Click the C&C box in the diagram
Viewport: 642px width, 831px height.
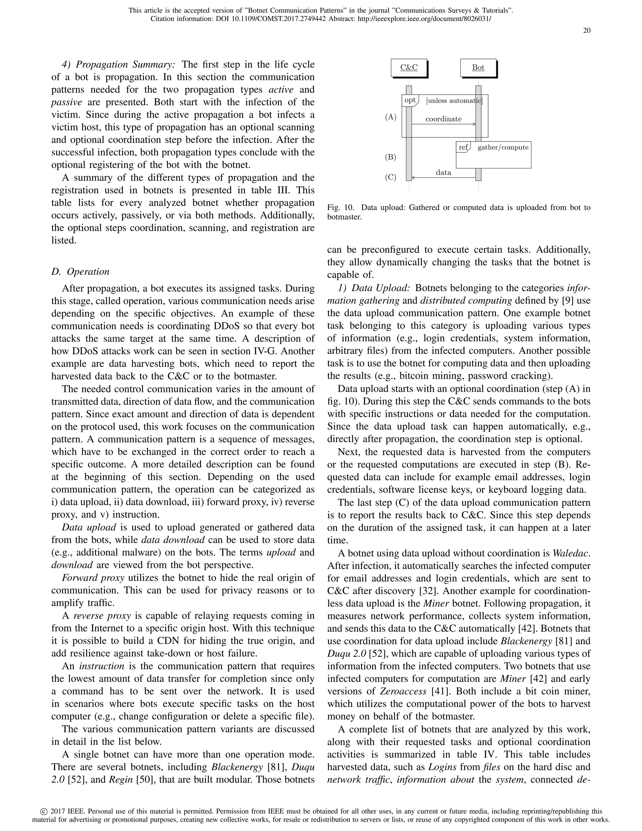(408, 68)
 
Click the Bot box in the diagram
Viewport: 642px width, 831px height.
(478, 68)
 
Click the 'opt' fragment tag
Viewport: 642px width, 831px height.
(410, 100)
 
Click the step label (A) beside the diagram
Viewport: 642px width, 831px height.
(391, 117)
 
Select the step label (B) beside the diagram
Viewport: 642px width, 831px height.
(391, 157)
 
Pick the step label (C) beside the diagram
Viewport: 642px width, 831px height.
(391, 177)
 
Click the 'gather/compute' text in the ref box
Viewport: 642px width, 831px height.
(503, 147)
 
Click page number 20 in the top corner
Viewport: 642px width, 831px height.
(587, 31)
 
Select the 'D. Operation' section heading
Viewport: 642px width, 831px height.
(80, 272)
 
